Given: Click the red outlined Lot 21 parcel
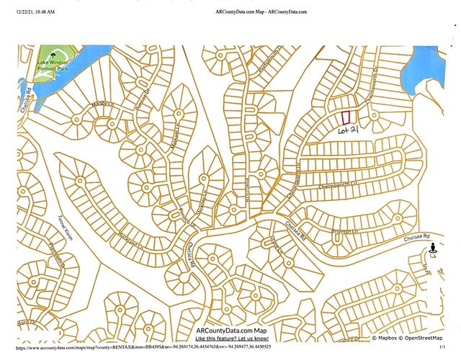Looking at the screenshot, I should pos(346,115).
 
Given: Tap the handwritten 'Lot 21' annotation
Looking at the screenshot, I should pos(349,131).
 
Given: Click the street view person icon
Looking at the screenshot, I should pos(432,249).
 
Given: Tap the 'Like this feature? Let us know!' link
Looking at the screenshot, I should pos(232,338).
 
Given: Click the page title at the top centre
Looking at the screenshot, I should pos(261,12).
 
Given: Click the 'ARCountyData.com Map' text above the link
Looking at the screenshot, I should pos(232,330).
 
